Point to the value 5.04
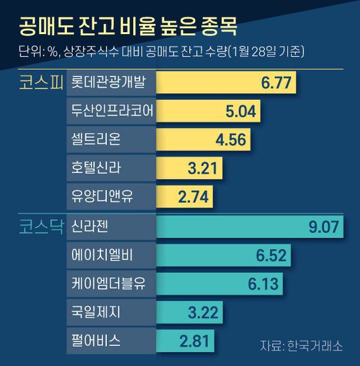click(x=241, y=112)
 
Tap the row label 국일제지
click(x=99, y=312)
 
